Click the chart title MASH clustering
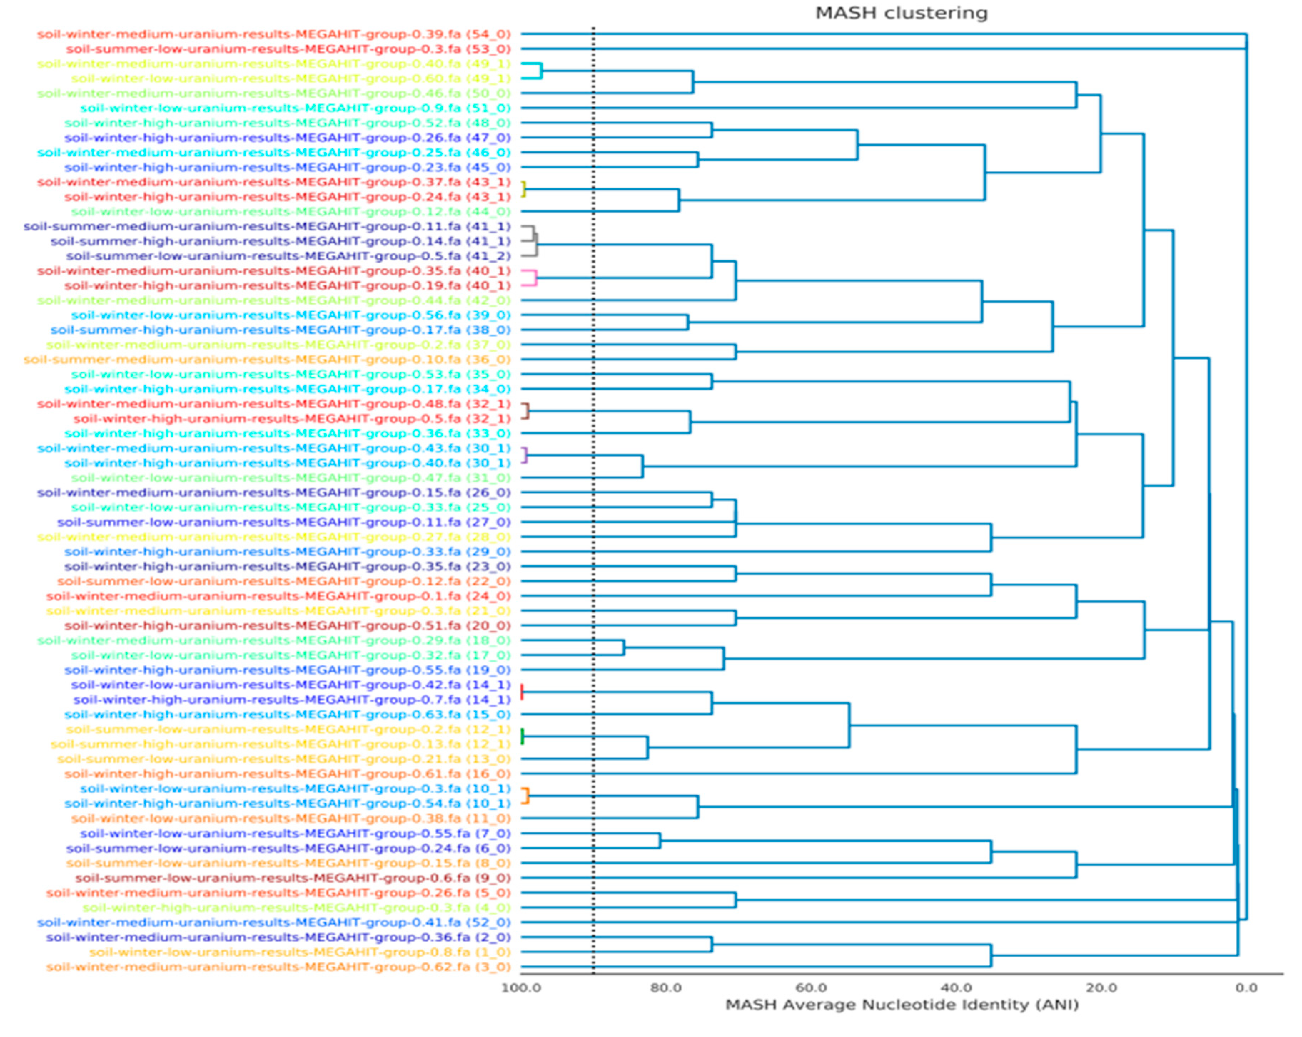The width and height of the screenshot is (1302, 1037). click(x=901, y=13)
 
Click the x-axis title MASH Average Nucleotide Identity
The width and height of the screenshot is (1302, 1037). click(x=901, y=1005)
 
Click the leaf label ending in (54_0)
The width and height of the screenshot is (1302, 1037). click(x=273, y=34)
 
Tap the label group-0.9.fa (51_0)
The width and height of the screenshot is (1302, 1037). click(x=295, y=108)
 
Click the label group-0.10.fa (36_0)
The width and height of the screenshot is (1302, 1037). click(x=267, y=359)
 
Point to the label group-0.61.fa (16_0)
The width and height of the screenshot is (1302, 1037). click(x=287, y=773)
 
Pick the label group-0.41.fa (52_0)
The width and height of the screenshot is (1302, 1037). click(x=273, y=922)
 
